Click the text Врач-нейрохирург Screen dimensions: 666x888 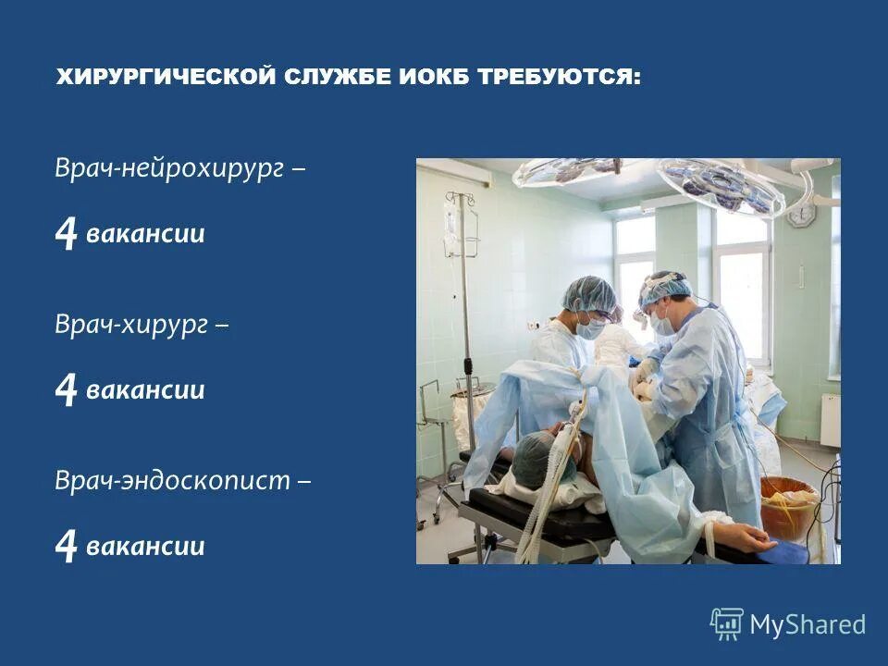169,169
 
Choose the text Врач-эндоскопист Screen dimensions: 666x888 172,481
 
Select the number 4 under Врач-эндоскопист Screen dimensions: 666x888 66,547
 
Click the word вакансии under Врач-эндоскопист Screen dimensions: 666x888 145,546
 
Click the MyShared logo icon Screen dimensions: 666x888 727,624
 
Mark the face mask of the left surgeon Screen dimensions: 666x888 590,327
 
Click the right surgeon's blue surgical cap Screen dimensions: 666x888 664,288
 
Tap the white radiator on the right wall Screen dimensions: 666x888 830,420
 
